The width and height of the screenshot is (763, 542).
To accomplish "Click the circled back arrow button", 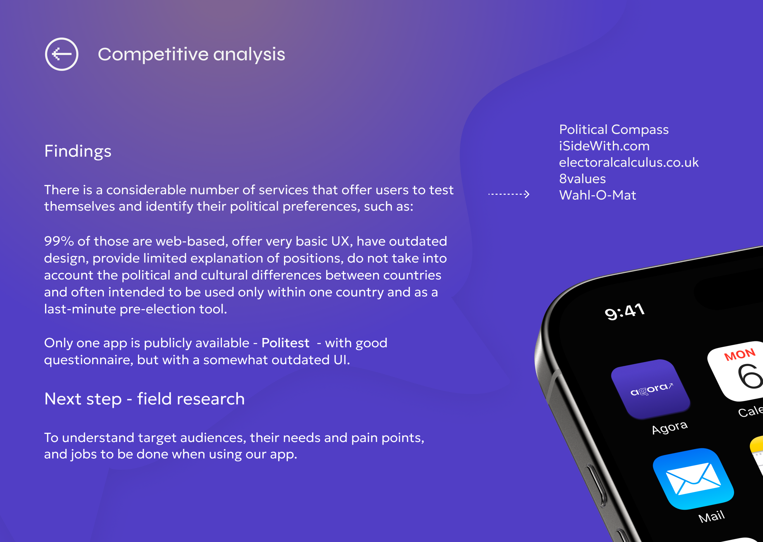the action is [x=62, y=54].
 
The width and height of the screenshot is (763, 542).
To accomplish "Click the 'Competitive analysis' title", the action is [x=192, y=54].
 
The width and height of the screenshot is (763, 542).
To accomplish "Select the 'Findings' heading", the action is [x=78, y=151].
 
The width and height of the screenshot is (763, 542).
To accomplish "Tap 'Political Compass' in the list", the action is [x=614, y=130].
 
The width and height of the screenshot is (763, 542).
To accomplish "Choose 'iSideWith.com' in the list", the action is [x=604, y=146].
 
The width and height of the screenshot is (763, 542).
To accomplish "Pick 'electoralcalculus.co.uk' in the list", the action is [x=629, y=162].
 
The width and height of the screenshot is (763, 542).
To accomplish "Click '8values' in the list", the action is [x=582, y=179].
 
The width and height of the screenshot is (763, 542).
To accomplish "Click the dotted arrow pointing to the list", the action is [x=509, y=194].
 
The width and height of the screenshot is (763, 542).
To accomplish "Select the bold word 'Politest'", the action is [x=286, y=343].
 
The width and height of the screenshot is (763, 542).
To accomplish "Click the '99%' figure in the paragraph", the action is [x=59, y=241].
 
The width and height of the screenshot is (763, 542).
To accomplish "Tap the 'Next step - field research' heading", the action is [x=145, y=399].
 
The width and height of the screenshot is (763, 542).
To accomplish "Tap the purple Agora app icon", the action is [x=650, y=389].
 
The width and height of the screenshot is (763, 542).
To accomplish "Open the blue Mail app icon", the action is [x=693, y=479].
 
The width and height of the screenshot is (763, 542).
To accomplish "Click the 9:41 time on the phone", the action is [x=624, y=312].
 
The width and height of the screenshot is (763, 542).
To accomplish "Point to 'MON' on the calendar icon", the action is [x=740, y=354].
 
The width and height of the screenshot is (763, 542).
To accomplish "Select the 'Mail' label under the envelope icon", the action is [x=711, y=517].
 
